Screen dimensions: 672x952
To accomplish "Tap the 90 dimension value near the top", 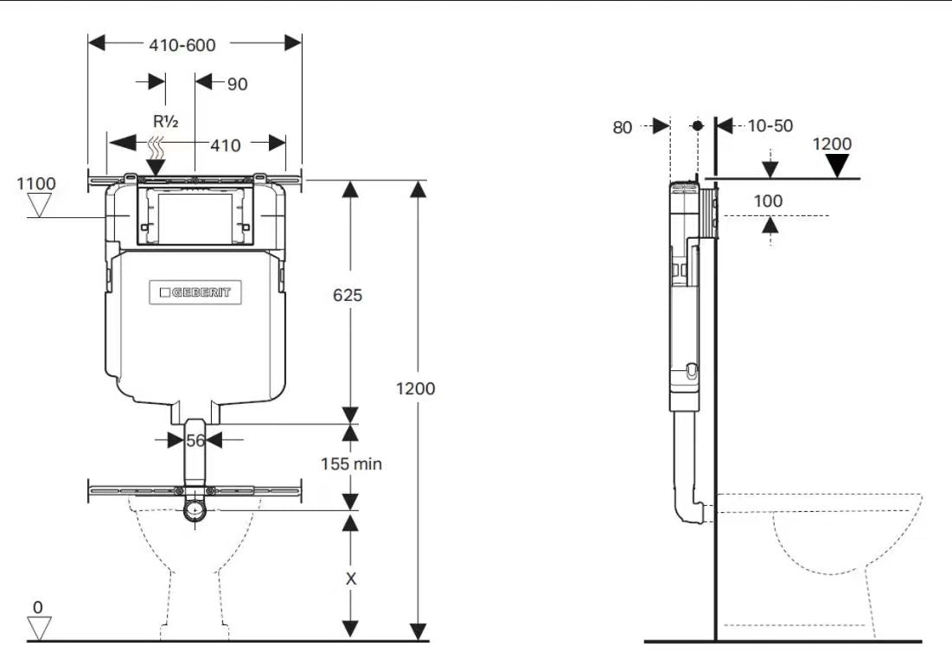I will [x=236, y=84].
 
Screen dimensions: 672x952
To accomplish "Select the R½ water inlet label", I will [x=166, y=122].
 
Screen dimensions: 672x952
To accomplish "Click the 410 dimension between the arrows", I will [x=226, y=145].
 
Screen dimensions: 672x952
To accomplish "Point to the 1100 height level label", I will [x=35, y=183].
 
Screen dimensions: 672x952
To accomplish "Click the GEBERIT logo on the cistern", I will [x=195, y=292].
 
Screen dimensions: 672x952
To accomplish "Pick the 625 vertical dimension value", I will [x=348, y=295].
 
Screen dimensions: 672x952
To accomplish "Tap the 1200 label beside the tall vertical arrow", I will [x=416, y=388].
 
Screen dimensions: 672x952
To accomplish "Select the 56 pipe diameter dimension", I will [x=196, y=440].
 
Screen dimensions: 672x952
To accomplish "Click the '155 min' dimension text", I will [x=351, y=464].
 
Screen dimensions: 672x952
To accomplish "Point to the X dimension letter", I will [x=350, y=579].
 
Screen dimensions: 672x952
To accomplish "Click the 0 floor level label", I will [x=37, y=607].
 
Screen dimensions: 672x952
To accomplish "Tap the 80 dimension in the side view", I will [x=623, y=127].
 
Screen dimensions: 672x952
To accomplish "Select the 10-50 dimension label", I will [x=770, y=126].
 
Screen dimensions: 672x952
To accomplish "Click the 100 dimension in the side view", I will [x=768, y=201].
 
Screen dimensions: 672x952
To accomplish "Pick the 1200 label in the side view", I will [x=832, y=144].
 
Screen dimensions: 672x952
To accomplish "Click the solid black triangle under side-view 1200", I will [x=837, y=166].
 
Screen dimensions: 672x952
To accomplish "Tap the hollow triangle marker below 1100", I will [x=40, y=204].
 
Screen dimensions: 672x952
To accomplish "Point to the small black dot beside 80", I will [x=697, y=125].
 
